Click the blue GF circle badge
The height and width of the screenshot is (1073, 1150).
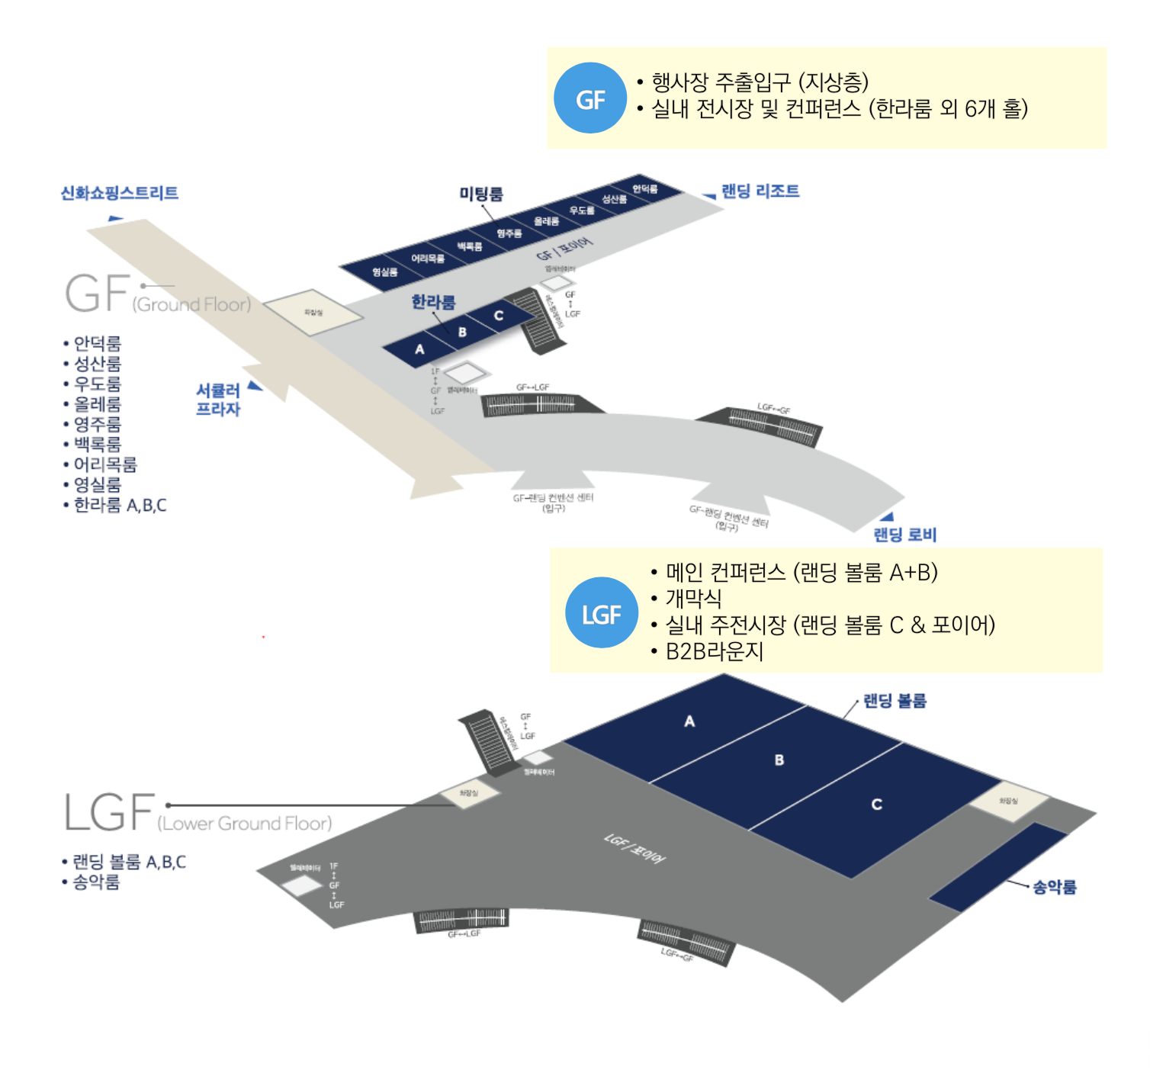pyautogui.click(x=589, y=98)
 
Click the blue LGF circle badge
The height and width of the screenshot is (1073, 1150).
pyautogui.click(x=601, y=613)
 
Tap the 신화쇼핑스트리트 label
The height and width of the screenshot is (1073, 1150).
pyautogui.click(x=119, y=193)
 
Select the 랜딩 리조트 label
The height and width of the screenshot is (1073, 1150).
pyautogui.click(x=760, y=191)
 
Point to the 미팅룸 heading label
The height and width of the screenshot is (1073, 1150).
pyautogui.click(x=480, y=194)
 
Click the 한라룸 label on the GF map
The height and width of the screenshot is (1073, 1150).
pyautogui.click(x=433, y=302)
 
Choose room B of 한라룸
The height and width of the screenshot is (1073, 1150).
pyautogui.click(x=462, y=333)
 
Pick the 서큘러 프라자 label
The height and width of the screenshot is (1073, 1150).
pyautogui.click(x=218, y=400)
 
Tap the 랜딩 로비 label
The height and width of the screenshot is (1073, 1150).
pyautogui.click(x=904, y=535)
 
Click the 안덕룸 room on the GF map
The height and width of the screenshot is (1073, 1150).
pyautogui.click(x=644, y=189)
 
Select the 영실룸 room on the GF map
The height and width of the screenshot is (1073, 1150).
pyautogui.click(x=385, y=272)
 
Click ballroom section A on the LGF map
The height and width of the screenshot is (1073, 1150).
pyautogui.click(x=689, y=721)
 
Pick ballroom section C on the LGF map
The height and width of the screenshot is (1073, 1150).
pyautogui.click(x=876, y=805)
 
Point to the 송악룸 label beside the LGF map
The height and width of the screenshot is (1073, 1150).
pyautogui.click(x=1054, y=887)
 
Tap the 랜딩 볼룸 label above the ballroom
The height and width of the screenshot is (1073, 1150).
pyautogui.click(x=894, y=701)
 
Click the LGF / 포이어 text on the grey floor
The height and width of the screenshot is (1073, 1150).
pyautogui.click(x=634, y=848)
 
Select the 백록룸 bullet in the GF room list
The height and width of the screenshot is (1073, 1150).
pyautogui.click(x=97, y=445)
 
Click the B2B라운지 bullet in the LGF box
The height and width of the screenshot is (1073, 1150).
pyautogui.click(x=714, y=651)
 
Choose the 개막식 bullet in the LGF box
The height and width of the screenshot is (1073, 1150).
pyautogui.click(x=692, y=598)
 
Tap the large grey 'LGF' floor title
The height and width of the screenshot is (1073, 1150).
pyautogui.click(x=109, y=812)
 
